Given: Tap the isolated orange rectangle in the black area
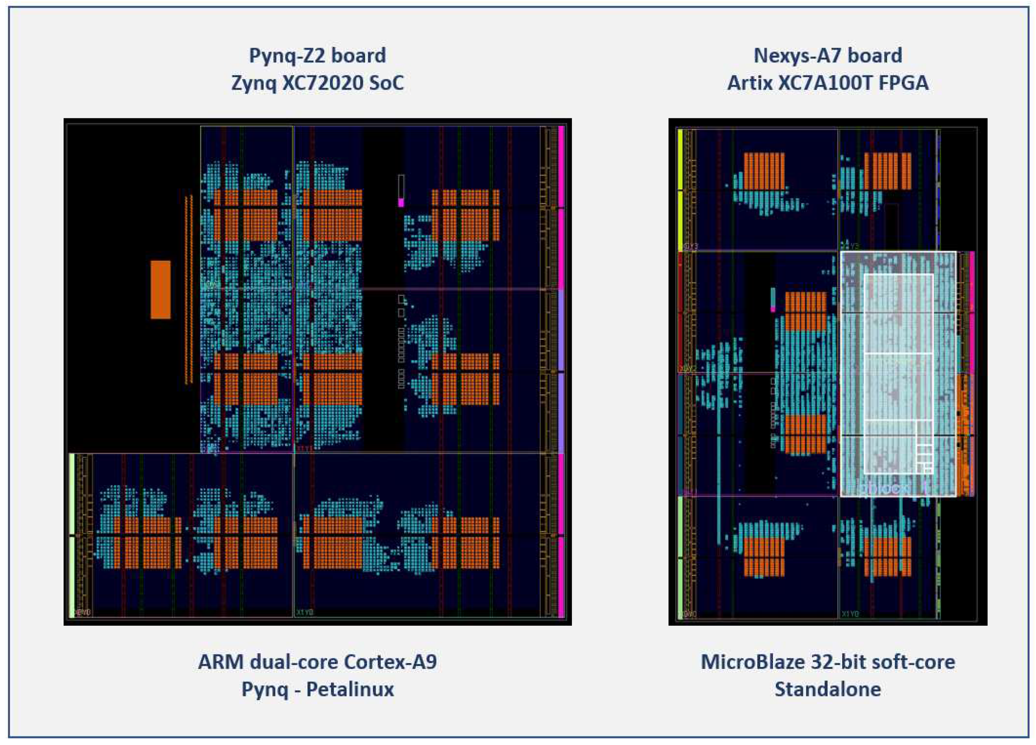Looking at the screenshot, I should (160, 289).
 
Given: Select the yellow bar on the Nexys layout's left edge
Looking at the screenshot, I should (680, 190).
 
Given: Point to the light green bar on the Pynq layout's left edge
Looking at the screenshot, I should (72, 535).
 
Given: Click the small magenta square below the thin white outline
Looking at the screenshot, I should (401, 202).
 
